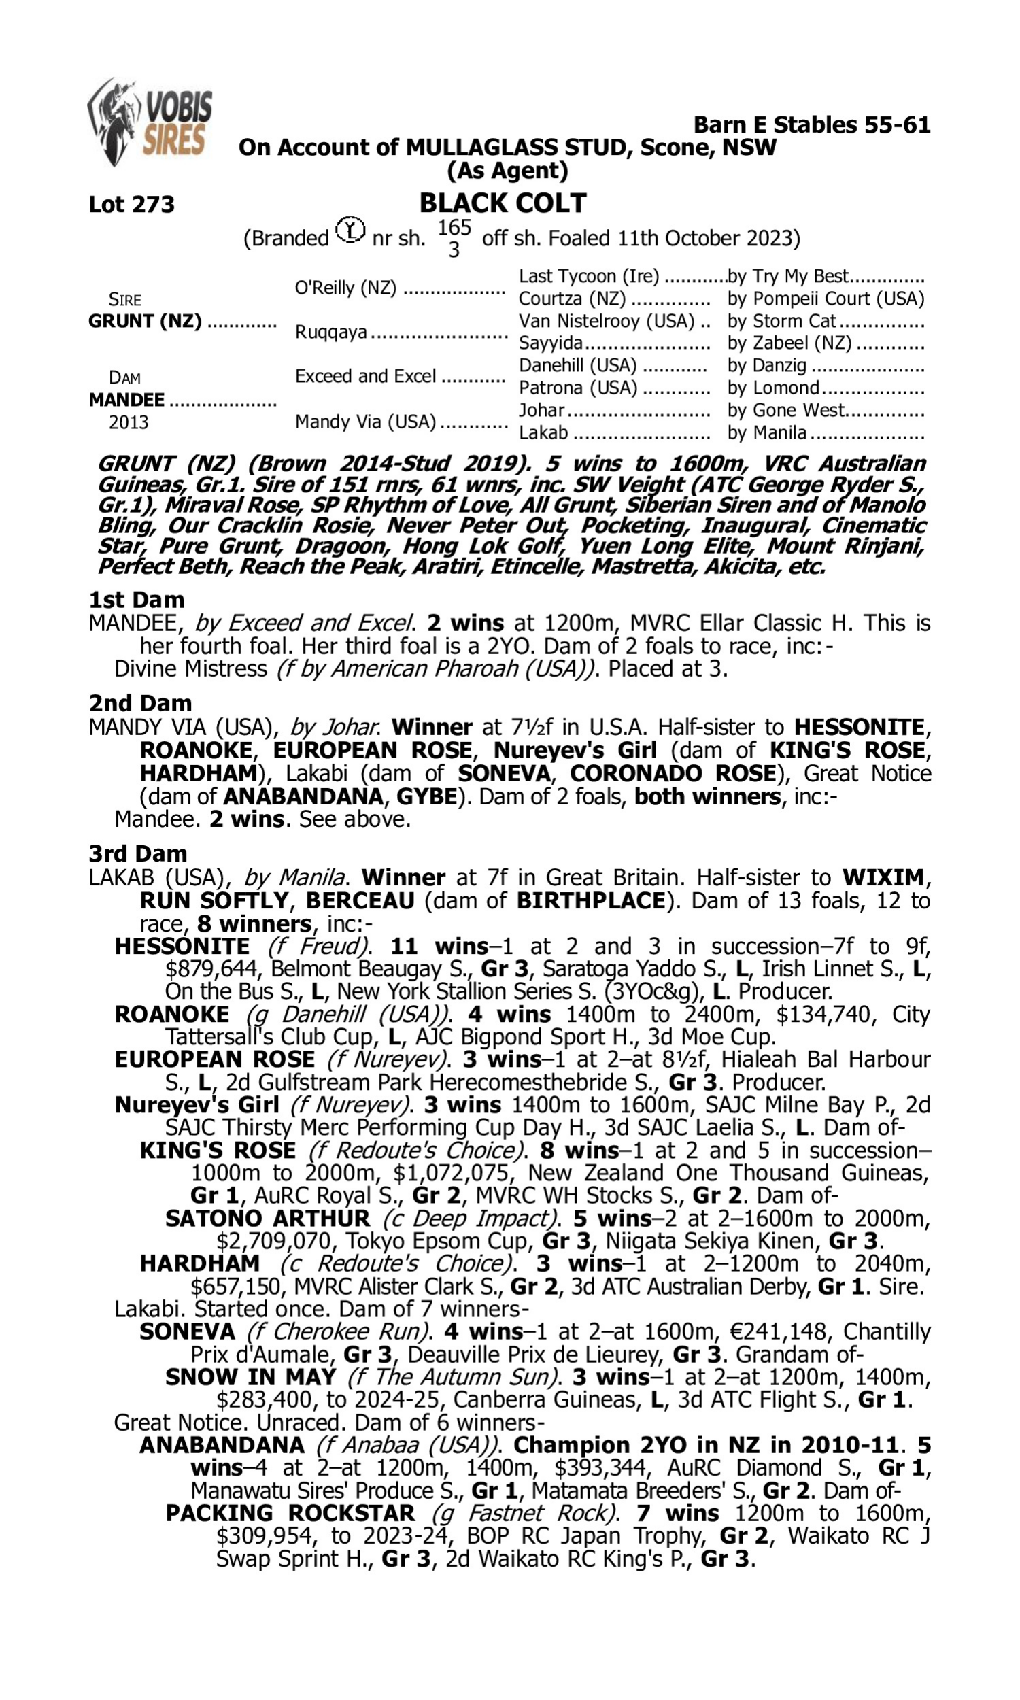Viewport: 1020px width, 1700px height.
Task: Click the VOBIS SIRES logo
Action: tap(150, 122)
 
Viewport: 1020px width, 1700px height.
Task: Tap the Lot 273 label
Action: tap(131, 204)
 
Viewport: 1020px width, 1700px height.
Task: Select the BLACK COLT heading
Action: tap(503, 203)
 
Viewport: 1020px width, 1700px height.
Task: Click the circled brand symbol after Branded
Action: tap(350, 231)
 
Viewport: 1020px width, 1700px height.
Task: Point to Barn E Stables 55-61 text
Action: tap(811, 125)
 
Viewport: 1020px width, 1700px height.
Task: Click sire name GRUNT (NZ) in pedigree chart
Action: tap(145, 322)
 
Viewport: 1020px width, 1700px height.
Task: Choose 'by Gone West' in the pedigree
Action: tap(785, 410)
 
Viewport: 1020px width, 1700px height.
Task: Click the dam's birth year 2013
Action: tap(129, 422)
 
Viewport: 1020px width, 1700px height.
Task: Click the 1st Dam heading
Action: tap(136, 600)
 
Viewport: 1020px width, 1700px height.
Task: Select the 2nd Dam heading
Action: tap(140, 703)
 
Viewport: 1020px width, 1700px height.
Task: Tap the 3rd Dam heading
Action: tap(137, 853)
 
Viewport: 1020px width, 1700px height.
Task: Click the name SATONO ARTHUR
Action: tap(267, 1219)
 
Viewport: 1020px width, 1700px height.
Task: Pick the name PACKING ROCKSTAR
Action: tap(290, 1513)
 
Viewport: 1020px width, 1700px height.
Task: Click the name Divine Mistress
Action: tap(190, 668)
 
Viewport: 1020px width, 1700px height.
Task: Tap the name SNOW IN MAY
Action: tap(251, 1377)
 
